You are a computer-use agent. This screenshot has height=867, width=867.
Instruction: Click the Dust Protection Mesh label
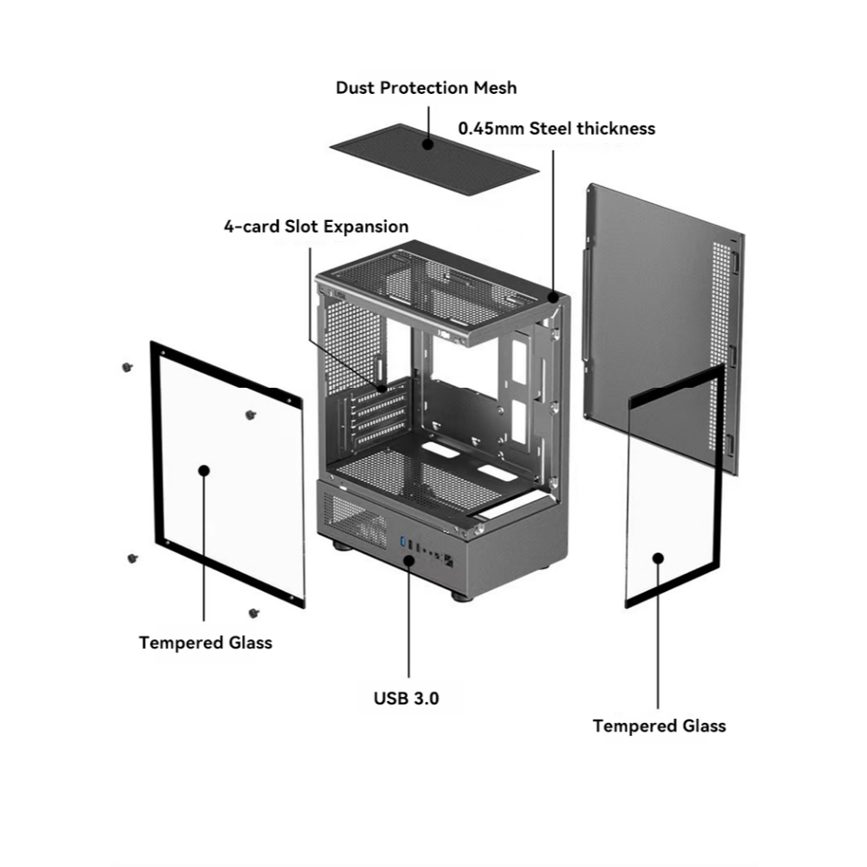(x=426, y=88)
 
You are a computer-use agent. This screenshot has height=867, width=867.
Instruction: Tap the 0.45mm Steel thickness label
(x=556, y=129)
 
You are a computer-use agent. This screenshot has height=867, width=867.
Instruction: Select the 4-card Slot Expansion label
(x=316, y=227)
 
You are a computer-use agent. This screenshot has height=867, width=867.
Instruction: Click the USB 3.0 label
(x=406, y=699)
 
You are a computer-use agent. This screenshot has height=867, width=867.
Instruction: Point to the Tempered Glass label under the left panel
(x=206, y=643)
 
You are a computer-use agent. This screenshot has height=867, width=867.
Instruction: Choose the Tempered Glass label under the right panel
(x=659, y=726)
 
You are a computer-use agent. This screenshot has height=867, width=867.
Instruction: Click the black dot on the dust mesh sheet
(x=429, y=145)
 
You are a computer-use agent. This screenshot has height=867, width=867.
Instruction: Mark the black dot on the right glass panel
(x=658, y=557)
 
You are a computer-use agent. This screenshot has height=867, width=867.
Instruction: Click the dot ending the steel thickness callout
(x=553, y=297)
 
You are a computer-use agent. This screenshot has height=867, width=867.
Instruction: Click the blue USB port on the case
(x=403, y=542)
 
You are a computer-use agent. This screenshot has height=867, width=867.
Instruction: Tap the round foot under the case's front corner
(x=462, y=595)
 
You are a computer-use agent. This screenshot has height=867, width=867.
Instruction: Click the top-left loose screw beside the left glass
(x=127, y=367)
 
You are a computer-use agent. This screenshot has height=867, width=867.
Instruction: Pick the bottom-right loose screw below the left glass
(x=254, y=612)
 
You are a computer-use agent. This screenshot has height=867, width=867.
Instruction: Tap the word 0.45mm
(x=491, y=129)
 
